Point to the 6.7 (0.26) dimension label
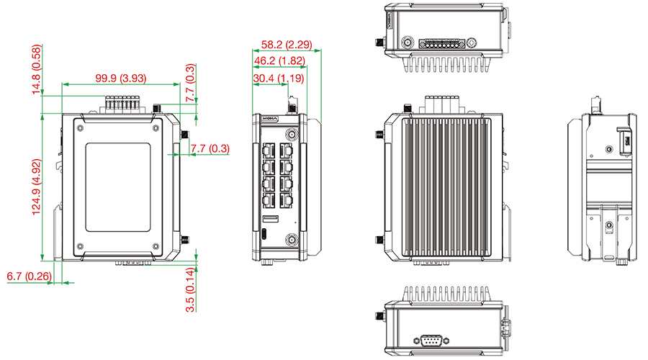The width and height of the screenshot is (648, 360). point(29,276)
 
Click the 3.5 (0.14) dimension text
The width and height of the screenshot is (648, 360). point(191,289)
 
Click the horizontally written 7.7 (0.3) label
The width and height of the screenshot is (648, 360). point(210,149)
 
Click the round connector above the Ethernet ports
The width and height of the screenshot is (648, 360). point(292,133)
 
